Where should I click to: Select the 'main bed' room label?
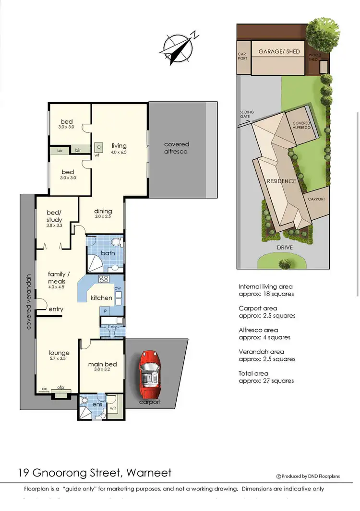[102, 364]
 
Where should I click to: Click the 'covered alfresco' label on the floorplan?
[177, 148]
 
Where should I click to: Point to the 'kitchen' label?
[101, 298]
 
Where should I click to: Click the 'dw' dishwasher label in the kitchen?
[117, 288]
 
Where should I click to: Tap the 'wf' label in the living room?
[97, 155]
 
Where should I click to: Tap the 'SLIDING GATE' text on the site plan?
[247, 115]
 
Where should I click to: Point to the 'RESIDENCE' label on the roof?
[281, 181]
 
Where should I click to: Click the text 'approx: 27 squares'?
[266, 380]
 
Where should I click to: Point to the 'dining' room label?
[103, 211]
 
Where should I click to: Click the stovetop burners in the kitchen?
[104, 279]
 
